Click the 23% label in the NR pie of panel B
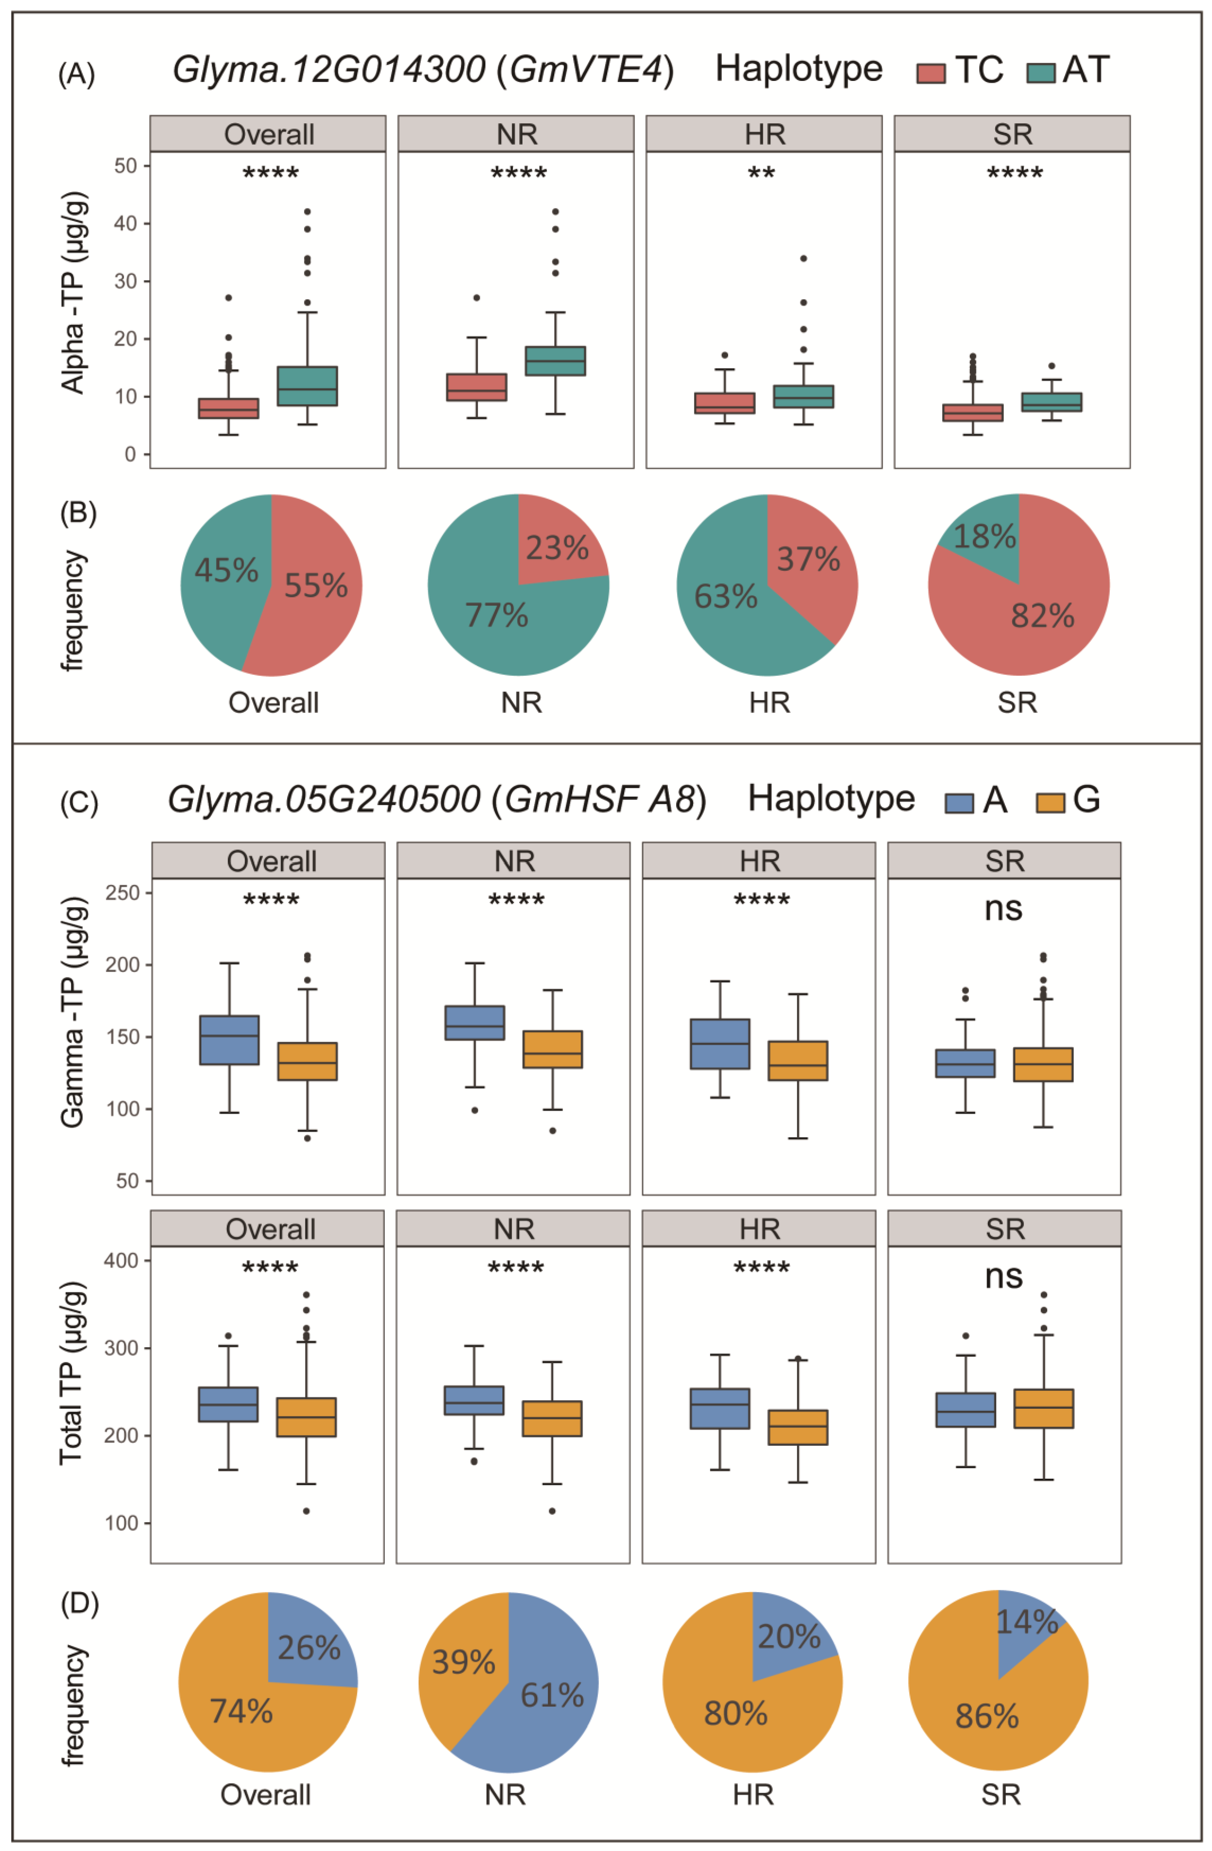557,548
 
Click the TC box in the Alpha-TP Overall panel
228,408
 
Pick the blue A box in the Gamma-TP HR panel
720,1044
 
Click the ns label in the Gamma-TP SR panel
1003,909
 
